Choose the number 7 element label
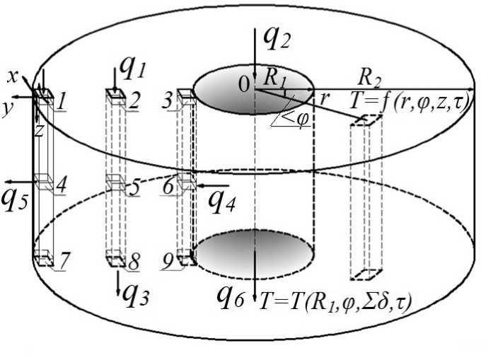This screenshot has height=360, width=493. coord(63,262)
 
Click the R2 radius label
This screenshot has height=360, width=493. coord(372,76)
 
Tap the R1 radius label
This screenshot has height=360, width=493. coord(276,80)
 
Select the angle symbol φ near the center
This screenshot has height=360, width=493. coord(302,118)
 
